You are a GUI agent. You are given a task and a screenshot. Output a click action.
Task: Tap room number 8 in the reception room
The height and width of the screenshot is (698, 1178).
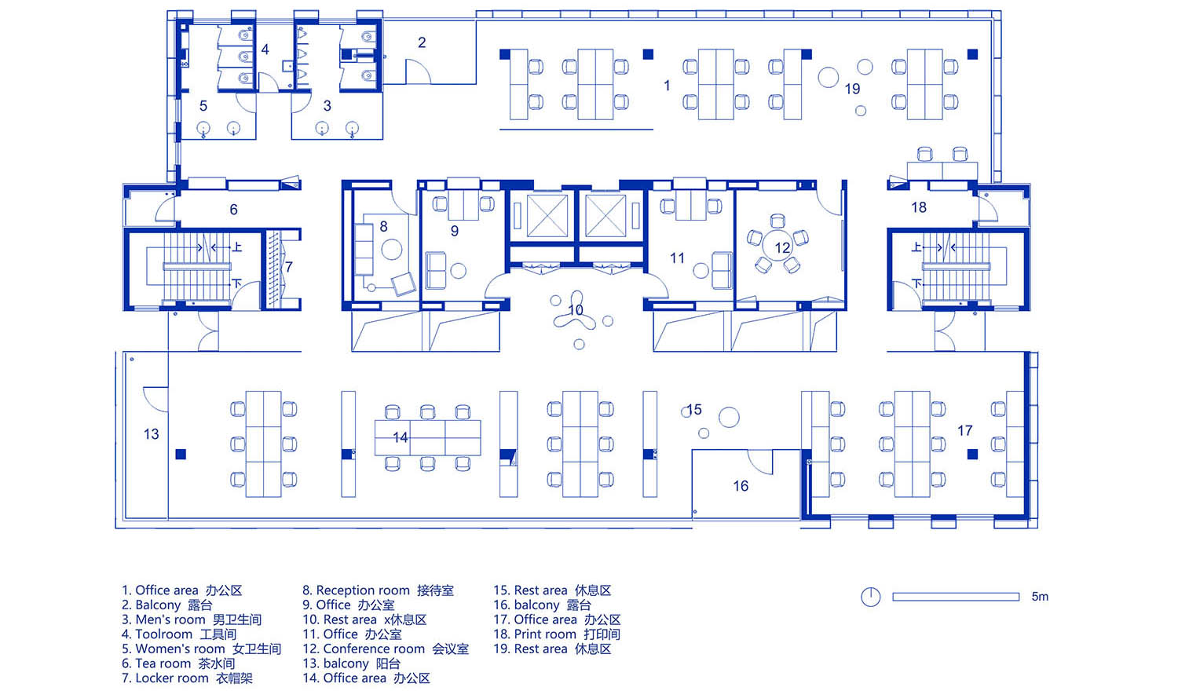coord(384,227)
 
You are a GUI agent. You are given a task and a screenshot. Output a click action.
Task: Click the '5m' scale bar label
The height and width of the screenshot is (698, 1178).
coord(1040,597)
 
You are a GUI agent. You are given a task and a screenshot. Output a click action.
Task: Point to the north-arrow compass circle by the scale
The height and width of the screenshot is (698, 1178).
coord(871,597)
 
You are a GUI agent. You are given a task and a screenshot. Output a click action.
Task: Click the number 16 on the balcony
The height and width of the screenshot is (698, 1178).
coord(741,486)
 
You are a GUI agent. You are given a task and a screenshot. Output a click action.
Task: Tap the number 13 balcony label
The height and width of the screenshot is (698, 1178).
coord(151,434)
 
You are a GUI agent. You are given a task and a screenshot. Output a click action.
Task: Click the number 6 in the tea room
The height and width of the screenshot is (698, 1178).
coord(233,210)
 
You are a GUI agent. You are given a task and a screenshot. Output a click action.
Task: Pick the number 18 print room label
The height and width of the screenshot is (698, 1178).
coord(919,207)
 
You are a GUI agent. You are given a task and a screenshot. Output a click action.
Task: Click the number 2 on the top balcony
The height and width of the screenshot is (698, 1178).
coord(422,42)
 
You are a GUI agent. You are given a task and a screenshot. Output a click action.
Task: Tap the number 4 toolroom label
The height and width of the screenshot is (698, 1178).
coord(265,49)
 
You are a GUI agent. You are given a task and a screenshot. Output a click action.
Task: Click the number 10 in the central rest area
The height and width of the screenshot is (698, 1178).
coord(576,310)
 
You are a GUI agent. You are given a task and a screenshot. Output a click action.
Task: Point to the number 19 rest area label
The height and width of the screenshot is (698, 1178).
coord(852,89)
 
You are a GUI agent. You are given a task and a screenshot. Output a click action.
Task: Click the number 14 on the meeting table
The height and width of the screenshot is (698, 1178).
coord(401,437)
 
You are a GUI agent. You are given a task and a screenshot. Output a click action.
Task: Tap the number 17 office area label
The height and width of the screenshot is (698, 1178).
coord(964,431)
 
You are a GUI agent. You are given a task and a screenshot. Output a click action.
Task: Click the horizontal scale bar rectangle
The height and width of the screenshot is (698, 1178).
coord(956,597)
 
